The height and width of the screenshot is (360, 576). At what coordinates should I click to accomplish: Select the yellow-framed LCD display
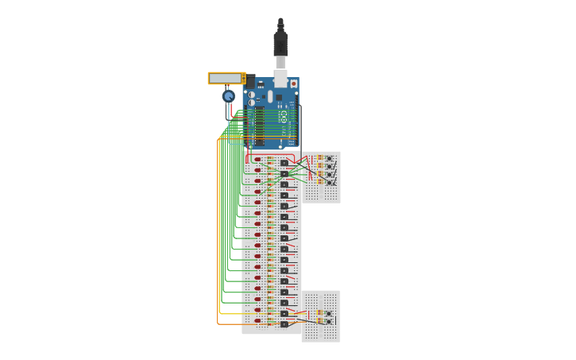226,78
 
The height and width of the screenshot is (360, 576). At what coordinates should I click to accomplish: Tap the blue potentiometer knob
228,96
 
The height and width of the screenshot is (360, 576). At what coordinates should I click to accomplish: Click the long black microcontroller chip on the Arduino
260,127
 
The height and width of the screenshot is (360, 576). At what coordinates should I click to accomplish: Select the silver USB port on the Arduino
280,76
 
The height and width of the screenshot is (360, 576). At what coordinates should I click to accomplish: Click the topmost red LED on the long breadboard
257,160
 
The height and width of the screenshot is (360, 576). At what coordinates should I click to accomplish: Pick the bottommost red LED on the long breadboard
257,322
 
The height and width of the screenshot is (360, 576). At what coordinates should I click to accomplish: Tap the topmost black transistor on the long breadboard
284,163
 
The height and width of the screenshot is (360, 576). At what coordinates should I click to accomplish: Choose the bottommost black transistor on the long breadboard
284,323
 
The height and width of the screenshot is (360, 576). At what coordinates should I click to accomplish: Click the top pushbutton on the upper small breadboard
329,158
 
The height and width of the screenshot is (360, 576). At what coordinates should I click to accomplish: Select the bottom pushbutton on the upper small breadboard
329,182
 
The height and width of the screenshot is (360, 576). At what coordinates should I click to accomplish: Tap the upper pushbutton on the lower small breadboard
328,314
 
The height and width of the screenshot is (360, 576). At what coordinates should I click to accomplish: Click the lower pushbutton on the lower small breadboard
328,323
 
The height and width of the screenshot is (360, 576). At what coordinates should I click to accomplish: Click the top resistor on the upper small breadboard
319,157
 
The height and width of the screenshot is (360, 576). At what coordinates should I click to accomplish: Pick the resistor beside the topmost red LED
270,158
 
